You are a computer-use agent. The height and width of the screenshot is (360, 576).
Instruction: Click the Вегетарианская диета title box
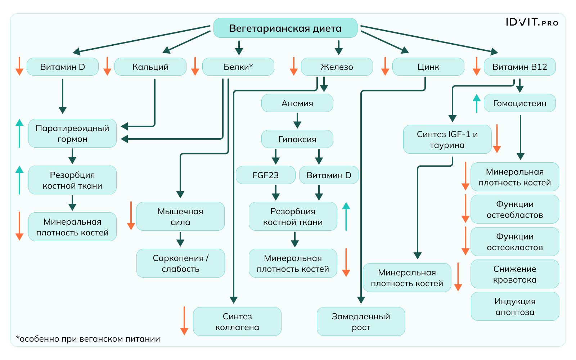(285, 28)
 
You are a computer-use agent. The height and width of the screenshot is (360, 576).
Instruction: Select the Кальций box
(150, 67)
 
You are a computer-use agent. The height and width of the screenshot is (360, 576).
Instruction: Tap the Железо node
(337, 67)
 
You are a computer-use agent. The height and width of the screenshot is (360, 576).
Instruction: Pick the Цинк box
(428, 67)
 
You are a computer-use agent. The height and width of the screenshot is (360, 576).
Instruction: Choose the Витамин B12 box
(519, 67)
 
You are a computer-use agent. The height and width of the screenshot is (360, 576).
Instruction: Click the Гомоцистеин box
(519, 103)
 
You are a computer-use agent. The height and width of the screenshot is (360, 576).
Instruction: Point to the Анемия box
(297, 103)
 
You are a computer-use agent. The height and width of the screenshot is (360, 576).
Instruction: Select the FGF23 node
(265, 175)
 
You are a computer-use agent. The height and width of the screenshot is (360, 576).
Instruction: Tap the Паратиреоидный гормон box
(72, 134)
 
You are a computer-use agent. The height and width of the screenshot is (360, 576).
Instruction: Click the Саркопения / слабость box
(180, 264)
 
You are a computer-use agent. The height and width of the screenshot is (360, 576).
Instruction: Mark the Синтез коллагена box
(237, 322)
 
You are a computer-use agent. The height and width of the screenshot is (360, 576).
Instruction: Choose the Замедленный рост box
(361, 322)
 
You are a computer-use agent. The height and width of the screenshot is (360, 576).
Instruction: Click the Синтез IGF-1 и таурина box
(447, 140)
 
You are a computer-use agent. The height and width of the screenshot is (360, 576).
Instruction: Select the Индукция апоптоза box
(515, 307)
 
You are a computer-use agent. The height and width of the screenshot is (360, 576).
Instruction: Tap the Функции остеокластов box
(515, 242)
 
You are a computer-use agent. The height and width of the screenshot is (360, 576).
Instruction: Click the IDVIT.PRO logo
(532, 22)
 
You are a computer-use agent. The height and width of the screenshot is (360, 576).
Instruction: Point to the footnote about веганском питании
(88, 339)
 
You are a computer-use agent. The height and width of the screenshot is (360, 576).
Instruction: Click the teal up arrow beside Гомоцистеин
(477, 103)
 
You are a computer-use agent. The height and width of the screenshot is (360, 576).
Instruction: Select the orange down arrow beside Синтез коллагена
(184, 321)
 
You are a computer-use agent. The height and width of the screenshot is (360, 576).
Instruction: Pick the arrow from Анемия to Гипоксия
(297, 121)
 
